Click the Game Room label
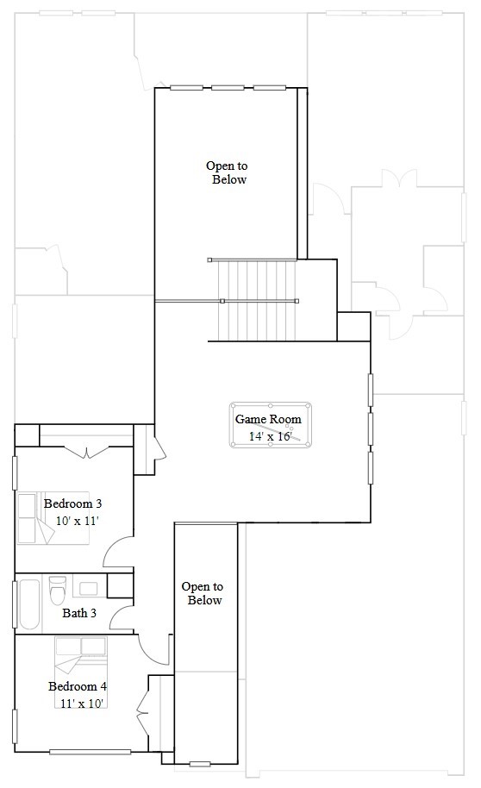pyautogui.click(x=269, y=419)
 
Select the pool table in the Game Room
pyautogui.click(x=272, y=425)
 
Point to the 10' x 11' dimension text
pyautogui.click(x=78, y=521)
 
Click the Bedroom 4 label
pyautogui.click(x=77, y=686)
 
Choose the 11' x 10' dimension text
pyautogui.click(x=82, y=704)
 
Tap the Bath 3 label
pyautogui.click(x=79, y=614)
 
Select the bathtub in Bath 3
pyautogui.click(x=28, y=604)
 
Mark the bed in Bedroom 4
pyautogui.click(x=80, y=654)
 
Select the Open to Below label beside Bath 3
pyautogui.click(x=203, y=593)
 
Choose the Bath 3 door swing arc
pyautogui.click(x=121, y=616)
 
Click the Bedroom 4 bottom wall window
pyautogui.click(x=90, y=753)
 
